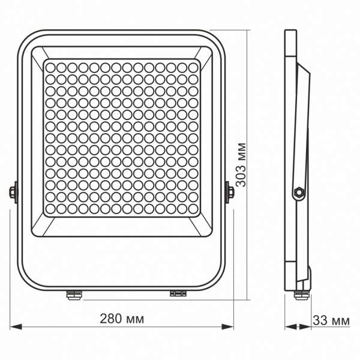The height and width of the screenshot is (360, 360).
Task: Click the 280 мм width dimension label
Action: [x=122, y=319]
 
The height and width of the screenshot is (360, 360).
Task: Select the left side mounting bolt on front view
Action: [x=13, y=192]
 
